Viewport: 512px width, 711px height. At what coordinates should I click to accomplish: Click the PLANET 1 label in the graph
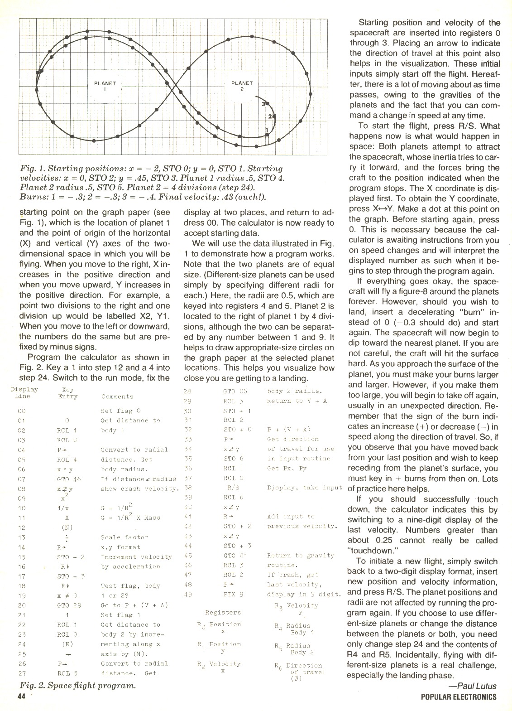click(x=105, y=86)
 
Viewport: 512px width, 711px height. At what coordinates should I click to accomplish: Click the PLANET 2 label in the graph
click(x=242, y=86)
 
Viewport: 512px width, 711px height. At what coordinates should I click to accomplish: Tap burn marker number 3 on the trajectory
click(x=263, y=104)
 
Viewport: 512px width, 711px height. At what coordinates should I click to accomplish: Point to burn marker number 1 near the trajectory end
click(x=267, y=131)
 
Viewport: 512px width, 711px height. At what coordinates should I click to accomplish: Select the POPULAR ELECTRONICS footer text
click(x=458, y=697)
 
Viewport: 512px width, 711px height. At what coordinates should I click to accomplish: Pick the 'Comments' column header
click(x=117, y=397)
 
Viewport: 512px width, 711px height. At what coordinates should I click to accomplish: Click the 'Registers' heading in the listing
click(x=223, y=612)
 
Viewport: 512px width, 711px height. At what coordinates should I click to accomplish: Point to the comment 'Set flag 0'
click(x=117, y=411)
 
